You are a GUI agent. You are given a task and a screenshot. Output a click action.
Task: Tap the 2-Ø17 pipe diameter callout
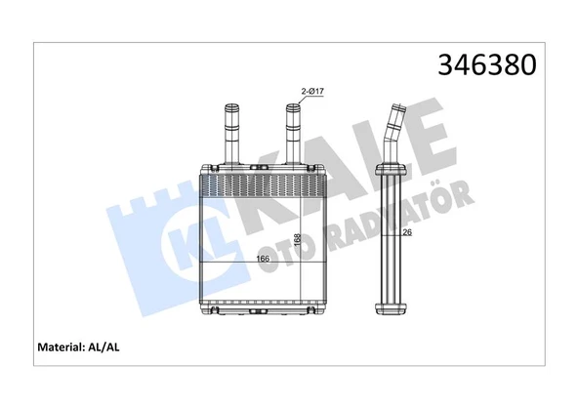[312, 92]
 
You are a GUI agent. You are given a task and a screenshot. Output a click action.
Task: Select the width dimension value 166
[263, 259]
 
